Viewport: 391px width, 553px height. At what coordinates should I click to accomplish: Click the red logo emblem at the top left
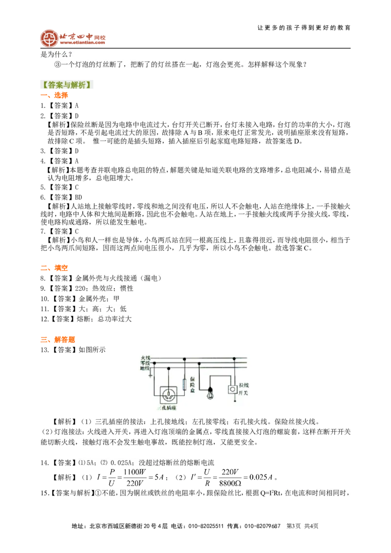tap(49, 38)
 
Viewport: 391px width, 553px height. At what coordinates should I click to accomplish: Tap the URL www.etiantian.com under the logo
tap(82, 43)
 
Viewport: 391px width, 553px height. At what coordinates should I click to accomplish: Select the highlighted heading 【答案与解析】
tap(66, 85)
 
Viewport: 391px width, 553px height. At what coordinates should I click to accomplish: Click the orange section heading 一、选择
tap(54, 95)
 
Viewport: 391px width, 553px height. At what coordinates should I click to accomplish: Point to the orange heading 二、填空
tap(54, 268)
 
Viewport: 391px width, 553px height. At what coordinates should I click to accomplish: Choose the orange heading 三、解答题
tap(58, 340)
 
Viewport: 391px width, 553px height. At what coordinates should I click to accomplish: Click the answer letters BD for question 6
tap(78, 197)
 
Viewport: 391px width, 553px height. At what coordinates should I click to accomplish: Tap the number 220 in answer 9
tap(81, 289)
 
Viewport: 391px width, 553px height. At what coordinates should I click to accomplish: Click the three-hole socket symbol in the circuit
tap(168, 395)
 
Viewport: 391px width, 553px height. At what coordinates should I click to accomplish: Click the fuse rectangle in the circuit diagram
tap(184, 384)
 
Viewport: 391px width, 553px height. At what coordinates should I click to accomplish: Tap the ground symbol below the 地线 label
tap(151, 375)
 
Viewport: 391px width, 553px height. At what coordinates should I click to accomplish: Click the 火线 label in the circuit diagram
tap(145, 358)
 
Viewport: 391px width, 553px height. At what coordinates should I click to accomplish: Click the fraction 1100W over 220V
tap(135, 478)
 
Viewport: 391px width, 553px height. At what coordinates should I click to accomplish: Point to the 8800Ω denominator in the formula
tap(230, 483)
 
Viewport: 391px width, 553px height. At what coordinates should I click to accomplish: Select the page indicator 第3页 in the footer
tap(294, 526)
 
